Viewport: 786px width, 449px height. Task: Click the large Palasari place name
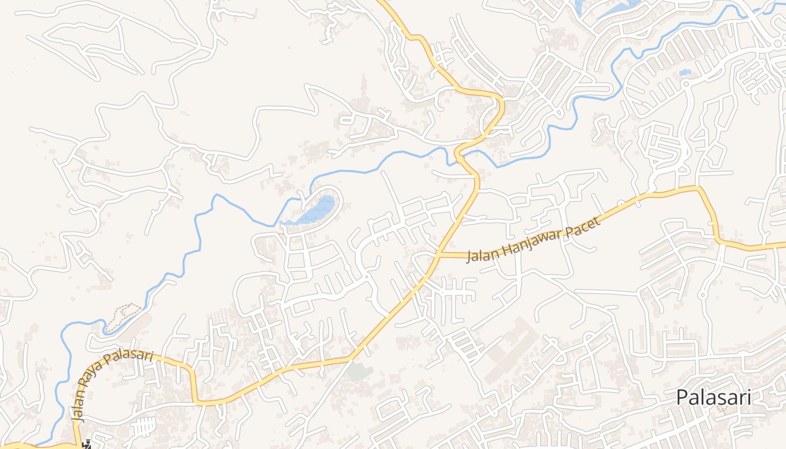pyautogui.click(x=713, y=397)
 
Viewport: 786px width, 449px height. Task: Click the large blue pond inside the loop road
pyautogui.click(x=318, y=210)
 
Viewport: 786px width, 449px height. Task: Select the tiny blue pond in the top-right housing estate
pyautogui.click(x=684, y=72)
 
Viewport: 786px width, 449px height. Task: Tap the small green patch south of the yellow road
pyautogui.click(x=360, y=371)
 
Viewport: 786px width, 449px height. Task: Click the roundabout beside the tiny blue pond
pyautogui.click(x=686, y=84)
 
